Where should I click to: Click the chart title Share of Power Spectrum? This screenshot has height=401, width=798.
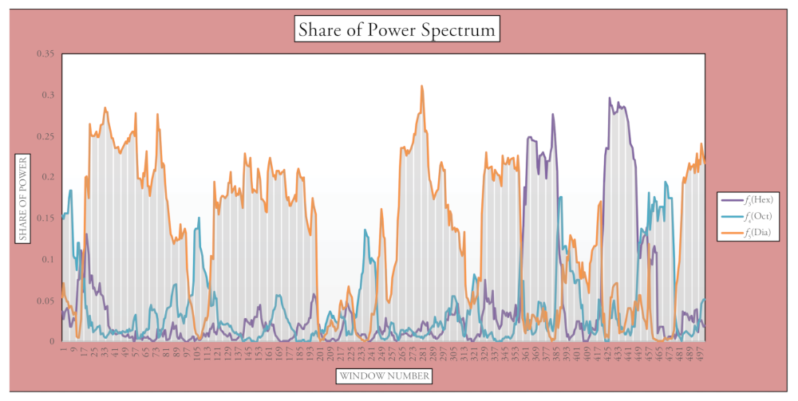tap(397, 30)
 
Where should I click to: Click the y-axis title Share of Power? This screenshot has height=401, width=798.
tap(24, 199)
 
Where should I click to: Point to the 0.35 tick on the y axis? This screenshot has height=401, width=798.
tap(45, 53)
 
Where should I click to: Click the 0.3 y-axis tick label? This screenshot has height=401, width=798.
tap(48, 95)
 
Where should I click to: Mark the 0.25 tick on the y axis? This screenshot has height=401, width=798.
tap(45, 136)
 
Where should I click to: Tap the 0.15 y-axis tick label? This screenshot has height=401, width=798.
tap(45, 218)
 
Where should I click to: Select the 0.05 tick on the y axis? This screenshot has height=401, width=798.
tap(45, 301)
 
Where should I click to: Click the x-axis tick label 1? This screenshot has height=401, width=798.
tap(62, 348)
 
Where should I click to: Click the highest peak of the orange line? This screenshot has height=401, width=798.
tap(422, 86)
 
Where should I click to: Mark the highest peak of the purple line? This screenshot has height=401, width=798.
tap(610, 98)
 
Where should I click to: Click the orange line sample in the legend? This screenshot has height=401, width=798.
tap(731, 233)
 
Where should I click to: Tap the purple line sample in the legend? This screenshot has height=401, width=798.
tap(731, 199)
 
